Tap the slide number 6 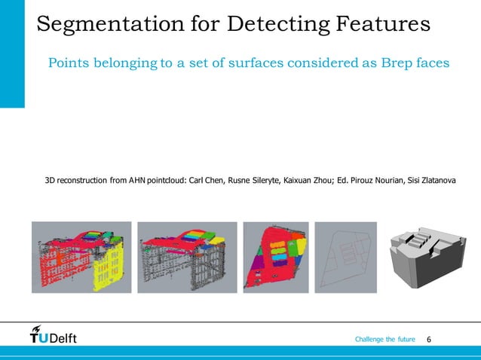pos(429,340)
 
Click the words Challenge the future pos(384,340)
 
